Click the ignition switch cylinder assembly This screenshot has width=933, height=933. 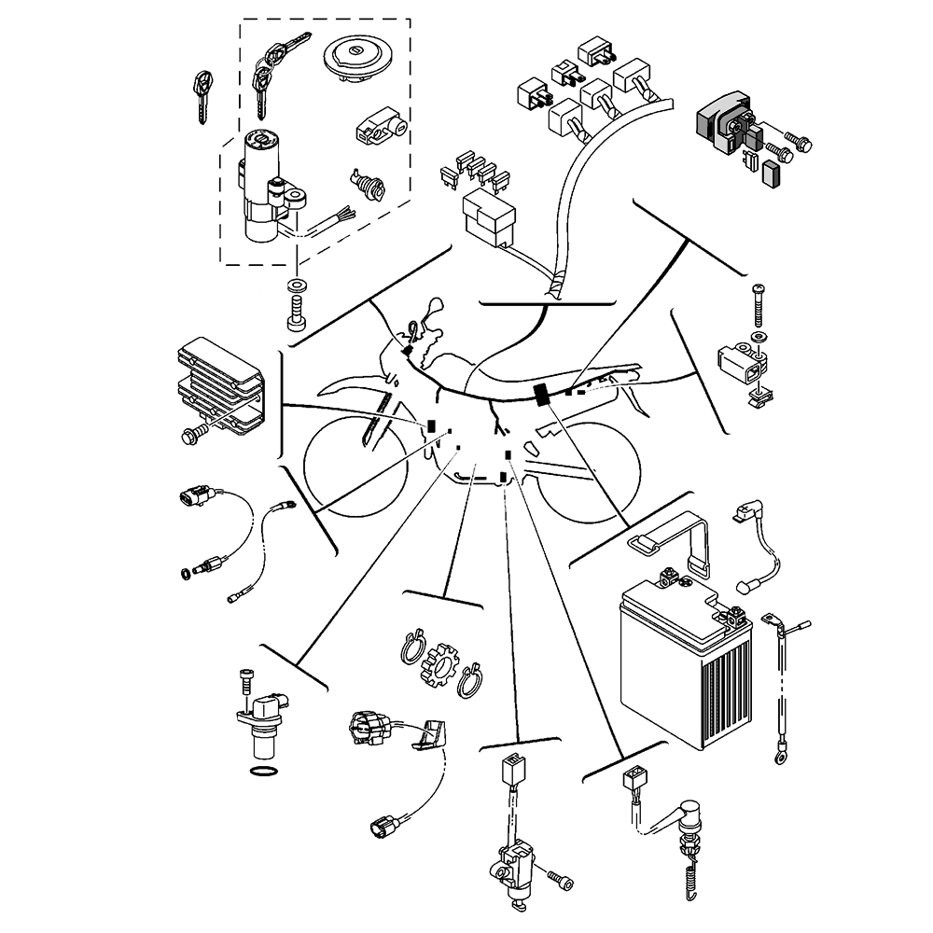coord(262,187)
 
